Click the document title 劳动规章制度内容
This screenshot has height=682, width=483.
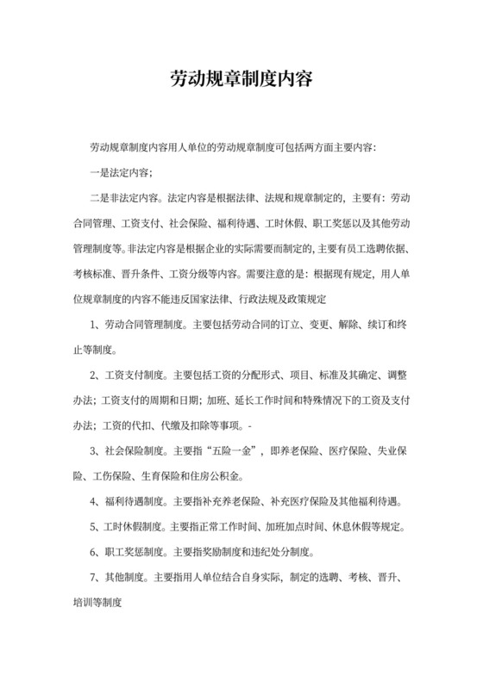pos(241,81)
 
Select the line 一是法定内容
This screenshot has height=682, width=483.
pos(121,171)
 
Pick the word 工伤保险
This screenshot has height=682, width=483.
pos(107,475)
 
